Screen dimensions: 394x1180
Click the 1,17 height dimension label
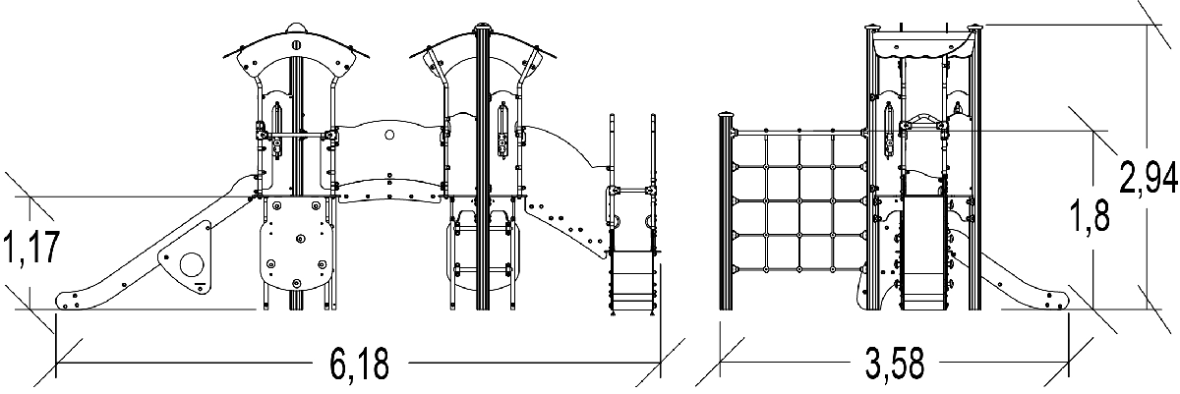pos(33,249)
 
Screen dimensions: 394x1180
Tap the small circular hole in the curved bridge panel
pos(388,135)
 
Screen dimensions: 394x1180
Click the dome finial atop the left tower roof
pos(298,25)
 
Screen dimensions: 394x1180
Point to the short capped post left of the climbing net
pos(728,211)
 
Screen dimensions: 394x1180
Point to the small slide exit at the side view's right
pos(1032,285)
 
